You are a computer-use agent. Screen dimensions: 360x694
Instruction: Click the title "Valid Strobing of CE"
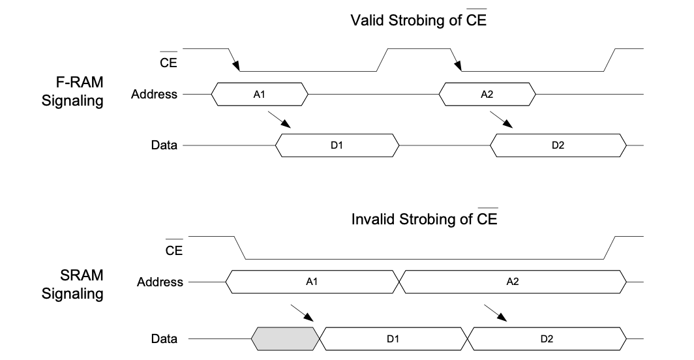tap(419, 20)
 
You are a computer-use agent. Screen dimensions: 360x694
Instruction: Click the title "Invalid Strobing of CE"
tap(424, 219)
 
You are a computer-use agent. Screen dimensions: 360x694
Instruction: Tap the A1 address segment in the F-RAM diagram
tap(259, 95)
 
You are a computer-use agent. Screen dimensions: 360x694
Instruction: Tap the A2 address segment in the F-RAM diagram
tap(487, 95)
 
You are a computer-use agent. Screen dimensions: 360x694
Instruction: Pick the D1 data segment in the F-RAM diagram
tap(337, 145)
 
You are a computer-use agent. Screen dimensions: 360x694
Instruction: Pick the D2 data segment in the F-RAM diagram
tap(558, 145)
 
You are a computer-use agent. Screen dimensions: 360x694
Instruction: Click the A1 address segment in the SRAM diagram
tap(312, 282)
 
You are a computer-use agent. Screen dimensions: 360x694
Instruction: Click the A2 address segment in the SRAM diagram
tap(512, 282)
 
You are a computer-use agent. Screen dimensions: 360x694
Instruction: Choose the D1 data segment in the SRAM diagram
tap(393, 338)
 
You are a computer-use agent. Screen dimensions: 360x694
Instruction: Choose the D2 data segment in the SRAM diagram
tap(546, 338)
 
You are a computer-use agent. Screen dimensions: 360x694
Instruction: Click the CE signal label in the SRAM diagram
tap(174, 250)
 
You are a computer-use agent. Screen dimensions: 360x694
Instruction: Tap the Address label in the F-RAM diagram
tap(154, 95)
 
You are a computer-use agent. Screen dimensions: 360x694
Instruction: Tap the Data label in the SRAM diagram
tap(164, 338)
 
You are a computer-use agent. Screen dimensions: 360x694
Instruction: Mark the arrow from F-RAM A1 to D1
tap(279, 119)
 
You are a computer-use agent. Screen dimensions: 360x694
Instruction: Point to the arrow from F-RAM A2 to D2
tap(501, 119)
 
